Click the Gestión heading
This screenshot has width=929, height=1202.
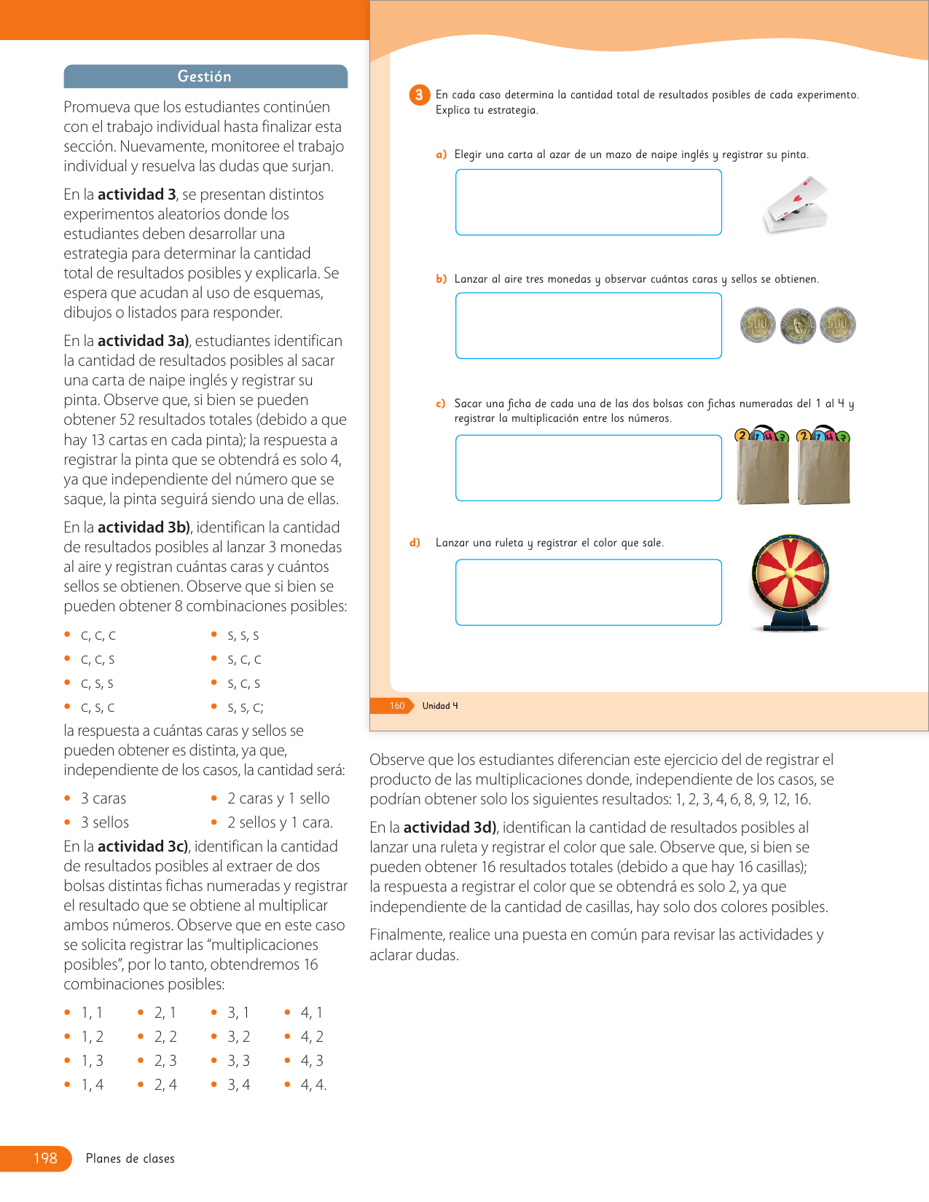[x=205, y=76]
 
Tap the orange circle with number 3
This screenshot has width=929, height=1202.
[x=419, y=95]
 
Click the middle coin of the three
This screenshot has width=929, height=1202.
[x=798, y=326]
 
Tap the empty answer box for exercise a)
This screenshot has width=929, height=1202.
[x=588, y=202]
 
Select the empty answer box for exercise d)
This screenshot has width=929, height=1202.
[x=588, y=592]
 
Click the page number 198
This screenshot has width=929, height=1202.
[x=45, y=1158]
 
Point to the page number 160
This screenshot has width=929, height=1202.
[x=397, y=706]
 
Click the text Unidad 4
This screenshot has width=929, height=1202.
[x=440, y=706]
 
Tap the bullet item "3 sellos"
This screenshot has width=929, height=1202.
[x=105, y=822]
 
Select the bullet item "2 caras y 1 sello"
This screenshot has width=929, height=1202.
[x=278, y=798]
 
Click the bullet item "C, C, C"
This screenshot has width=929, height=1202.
[x=98, y=636]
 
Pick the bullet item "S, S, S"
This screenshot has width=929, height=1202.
[x=243, y=636]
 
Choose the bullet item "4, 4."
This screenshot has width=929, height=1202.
[x=313, y=1085]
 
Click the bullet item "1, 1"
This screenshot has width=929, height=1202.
[x=92, y=1013]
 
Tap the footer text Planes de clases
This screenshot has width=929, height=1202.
[x=130, y=1158]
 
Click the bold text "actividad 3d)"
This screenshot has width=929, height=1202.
[x=450, y=828]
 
